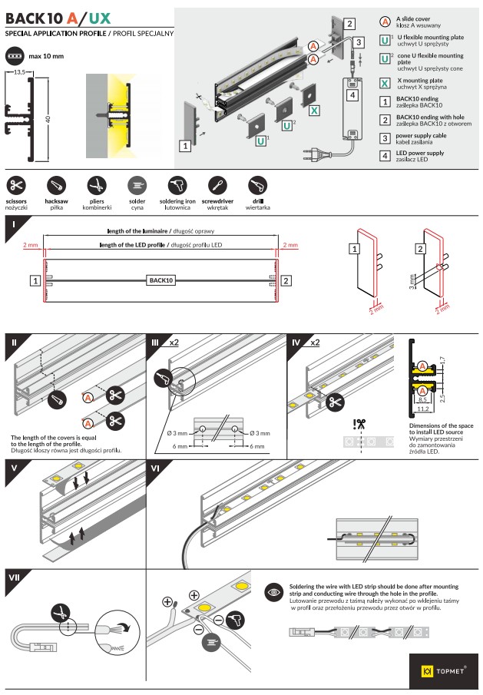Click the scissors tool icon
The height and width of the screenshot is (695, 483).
(16, 185)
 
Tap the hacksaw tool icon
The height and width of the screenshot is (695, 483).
(56, 185)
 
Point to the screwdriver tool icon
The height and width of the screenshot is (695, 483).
(217, 185)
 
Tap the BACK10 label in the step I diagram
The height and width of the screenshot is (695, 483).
(160, 280)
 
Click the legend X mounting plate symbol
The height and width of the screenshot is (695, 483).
(385, 83)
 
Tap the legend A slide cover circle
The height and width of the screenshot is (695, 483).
(385, 21)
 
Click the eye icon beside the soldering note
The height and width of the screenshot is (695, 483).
(273, 592)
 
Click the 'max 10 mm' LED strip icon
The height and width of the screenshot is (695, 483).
(15, 56)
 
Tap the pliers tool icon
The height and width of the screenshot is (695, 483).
(96, 185)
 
